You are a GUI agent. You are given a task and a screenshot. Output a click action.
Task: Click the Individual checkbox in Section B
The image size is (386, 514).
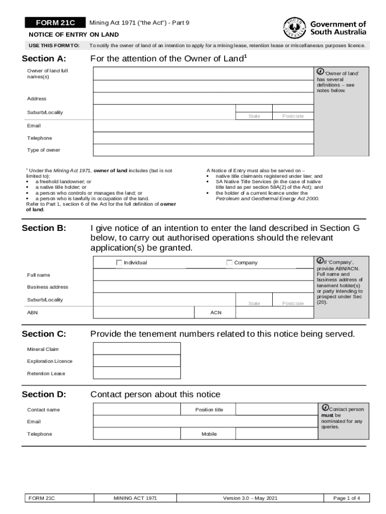point(119,263)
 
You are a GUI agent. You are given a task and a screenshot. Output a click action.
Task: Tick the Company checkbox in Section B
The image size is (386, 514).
point(229,263)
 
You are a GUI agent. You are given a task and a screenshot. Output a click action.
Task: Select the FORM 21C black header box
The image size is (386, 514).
point(55,23)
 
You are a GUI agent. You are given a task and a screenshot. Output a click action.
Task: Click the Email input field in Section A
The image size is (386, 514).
point(203,126)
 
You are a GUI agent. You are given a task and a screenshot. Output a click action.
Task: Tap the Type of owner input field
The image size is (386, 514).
point(203,150)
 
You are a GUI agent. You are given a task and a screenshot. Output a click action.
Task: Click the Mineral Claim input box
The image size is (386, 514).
point(136,349)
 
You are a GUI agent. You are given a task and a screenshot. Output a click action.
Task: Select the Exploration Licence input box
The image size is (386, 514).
point(136,361)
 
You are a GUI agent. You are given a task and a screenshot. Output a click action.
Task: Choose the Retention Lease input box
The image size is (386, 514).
point(136,373)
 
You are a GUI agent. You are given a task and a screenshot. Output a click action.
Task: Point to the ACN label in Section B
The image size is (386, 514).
point(216,313)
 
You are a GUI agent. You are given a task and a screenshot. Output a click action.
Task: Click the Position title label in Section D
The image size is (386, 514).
point(209,410)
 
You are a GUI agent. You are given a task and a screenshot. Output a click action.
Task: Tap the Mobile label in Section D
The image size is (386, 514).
point(209,434)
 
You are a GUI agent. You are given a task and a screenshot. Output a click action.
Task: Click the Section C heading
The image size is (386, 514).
point(44,334)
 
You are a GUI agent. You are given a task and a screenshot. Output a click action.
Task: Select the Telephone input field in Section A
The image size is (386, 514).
point(203,138)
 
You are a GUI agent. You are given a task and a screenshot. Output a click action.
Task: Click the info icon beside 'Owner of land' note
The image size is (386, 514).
point(321,72)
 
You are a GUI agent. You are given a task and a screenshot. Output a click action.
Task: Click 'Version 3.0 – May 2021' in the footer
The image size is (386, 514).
point(250,498)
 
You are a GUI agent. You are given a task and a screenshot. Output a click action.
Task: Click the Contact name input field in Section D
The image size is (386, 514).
point(136,410)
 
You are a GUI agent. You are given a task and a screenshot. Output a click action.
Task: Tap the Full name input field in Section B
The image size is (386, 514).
point(203,275)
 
